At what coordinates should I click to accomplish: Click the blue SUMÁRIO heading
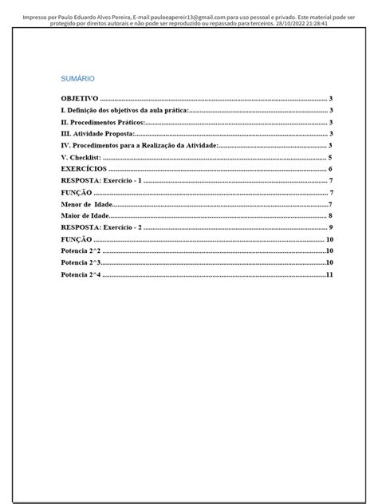click(78, 79)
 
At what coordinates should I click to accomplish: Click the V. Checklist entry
click(81, 158)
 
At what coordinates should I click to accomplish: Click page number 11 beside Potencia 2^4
click(328, 275)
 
